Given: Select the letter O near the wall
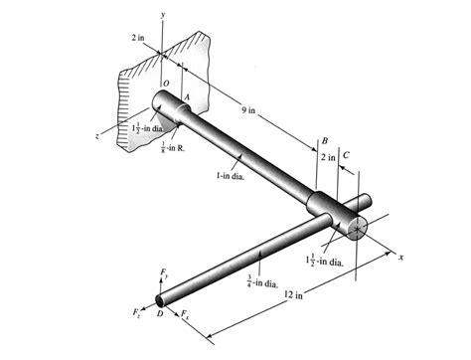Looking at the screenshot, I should [x=165, y=84].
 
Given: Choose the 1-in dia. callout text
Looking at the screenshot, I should [x=231, y=176].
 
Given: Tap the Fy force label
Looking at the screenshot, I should [x=164, y=272].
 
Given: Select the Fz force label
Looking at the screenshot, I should [x=137, y=313].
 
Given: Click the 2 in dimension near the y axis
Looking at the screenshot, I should [x=138, y=37].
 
